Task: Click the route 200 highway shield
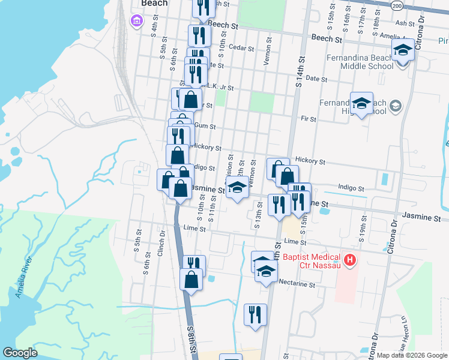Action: (x=397, y=5)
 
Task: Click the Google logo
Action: (x=20, y=353)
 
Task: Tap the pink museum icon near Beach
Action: (x=136, y=22)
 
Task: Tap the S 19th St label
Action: (x=363, y=230)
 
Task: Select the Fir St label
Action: (x=309, y=119)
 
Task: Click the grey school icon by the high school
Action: (x=395, y=107)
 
